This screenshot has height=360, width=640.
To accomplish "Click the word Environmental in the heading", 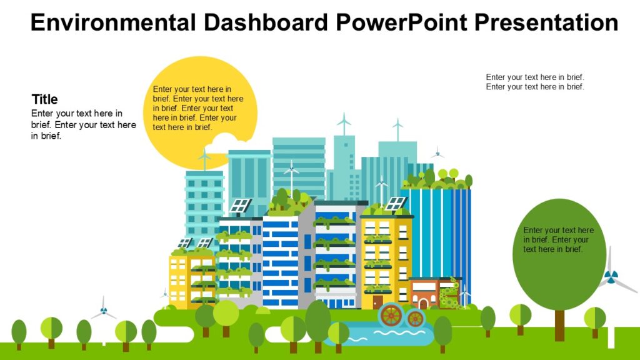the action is tap(113, 22).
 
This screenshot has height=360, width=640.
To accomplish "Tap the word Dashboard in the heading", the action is tap(266, 22).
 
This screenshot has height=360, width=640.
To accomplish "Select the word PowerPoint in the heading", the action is tap(401, 22).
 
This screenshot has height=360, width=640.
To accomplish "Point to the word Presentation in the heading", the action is tap(546, 22).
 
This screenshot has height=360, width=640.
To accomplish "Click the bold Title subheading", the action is tap(44, 99).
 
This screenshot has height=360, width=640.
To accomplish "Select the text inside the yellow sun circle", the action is tap(198, 108).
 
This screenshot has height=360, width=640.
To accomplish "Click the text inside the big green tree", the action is tap(558, 239).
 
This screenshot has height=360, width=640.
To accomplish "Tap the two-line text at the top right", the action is tap(535, 82).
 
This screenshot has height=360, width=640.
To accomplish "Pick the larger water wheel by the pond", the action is tap(391, 315).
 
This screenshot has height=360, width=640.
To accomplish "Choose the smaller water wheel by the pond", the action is tap(415, 318).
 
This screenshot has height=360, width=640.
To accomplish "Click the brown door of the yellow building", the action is tap(377, 302).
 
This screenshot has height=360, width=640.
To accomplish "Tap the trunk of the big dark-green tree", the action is tap(559, 325).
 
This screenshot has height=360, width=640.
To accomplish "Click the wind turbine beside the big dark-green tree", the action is tap(611, 277).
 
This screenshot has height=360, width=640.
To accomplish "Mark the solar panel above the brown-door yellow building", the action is tap(396, 203).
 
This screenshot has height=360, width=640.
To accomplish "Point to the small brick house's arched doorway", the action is tap(423, 304).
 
